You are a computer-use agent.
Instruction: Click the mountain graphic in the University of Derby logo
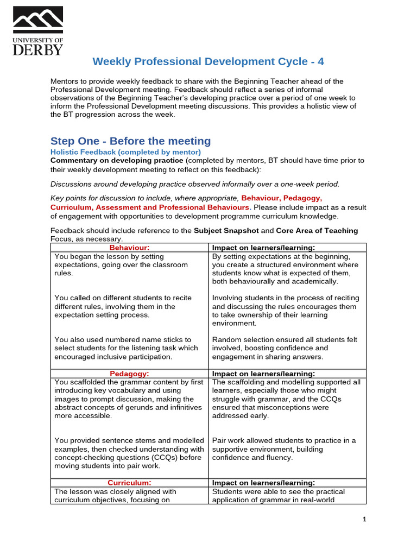[x=37, y=21]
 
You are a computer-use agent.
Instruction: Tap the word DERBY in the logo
[x=37, y=49]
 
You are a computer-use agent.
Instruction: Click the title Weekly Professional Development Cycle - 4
[x=208, y=61]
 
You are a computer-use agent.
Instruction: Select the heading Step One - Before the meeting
[x=130, y=141]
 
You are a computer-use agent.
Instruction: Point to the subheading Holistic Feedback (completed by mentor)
[x=125, y=152]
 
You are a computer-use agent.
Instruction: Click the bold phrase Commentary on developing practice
[x=117, y=161]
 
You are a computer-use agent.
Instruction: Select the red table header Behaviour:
[x=129, y=248]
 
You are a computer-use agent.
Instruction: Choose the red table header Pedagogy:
[x=129, y=374]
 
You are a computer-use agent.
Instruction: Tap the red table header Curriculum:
[x=129, y=483]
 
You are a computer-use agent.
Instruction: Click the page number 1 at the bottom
[x=365, y=520]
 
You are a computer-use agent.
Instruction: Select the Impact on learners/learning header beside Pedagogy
[x=263, y=374]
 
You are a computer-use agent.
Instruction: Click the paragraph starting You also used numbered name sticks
[x=123, y=348]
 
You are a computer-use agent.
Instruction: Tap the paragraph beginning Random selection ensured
[x=285, y=348]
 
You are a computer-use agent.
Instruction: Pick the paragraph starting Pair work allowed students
[x=284, y=449]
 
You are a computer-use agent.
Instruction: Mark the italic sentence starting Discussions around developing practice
[x=195, y=184]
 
